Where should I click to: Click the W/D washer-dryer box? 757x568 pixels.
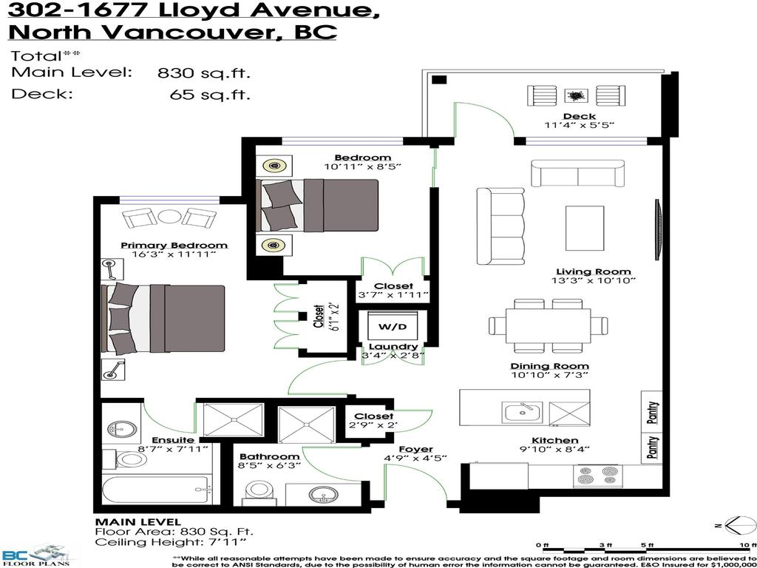point(387,326)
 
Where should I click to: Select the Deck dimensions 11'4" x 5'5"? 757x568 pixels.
point(580,126)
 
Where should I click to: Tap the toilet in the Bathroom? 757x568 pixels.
point(259,490)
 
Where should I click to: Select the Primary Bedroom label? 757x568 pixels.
point(174,245)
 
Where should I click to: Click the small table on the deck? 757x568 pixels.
point(575,95)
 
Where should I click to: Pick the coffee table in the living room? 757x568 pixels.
point(584,228)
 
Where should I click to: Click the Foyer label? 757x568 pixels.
point(410,449)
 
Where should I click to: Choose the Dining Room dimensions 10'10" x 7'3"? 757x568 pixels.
point(549,376)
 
